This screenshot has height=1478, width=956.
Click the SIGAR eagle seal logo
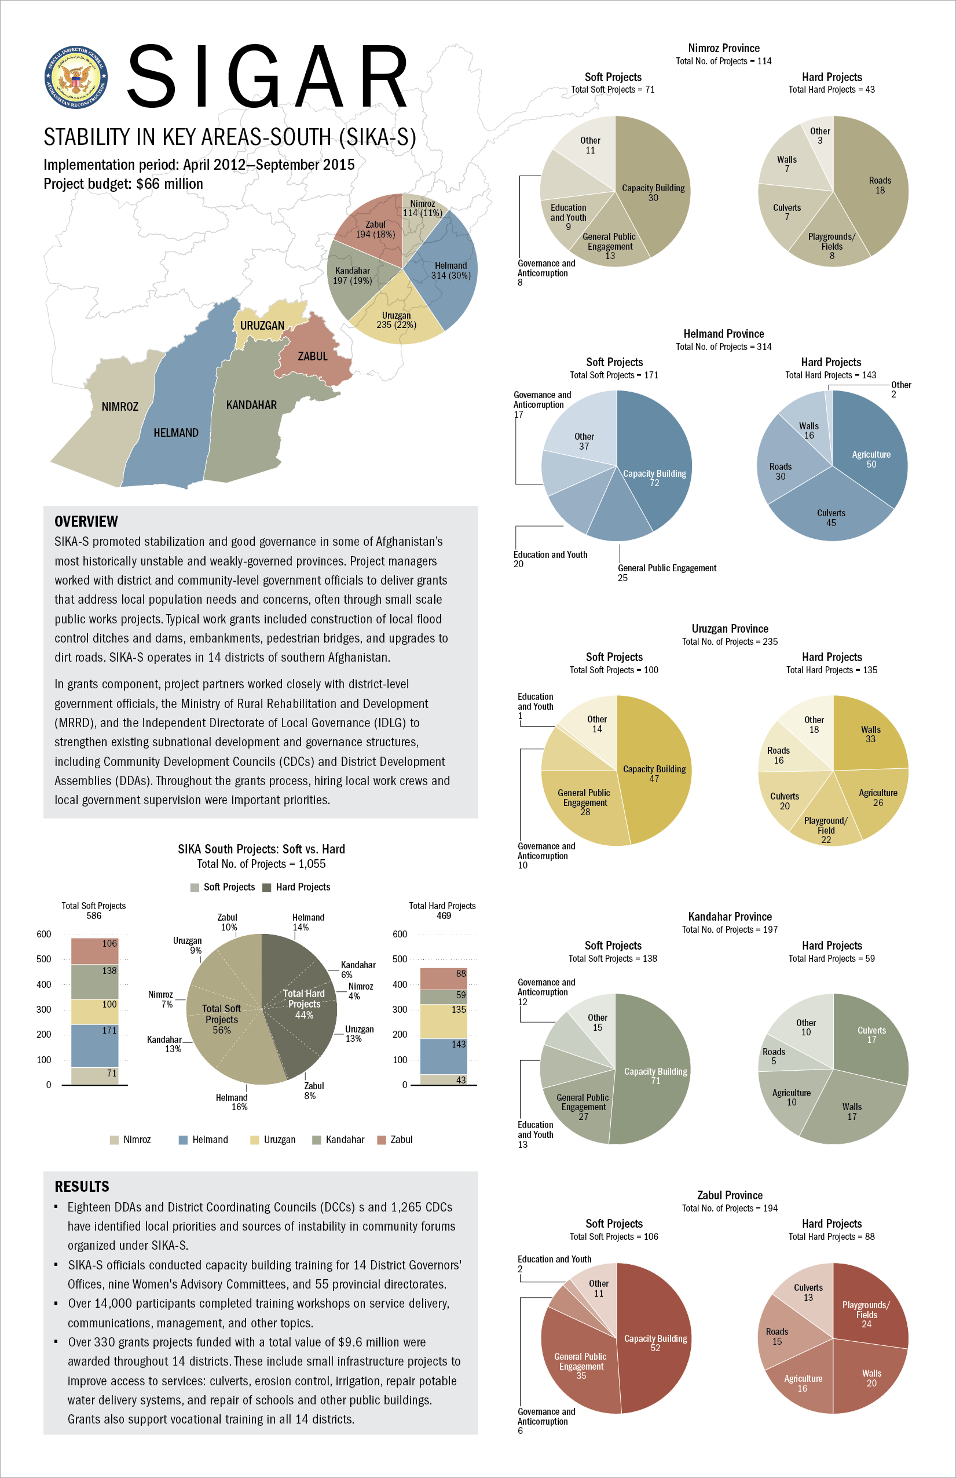point(76,77)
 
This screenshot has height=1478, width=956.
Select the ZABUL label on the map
point(312,356)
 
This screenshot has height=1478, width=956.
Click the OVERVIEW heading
point(86,521)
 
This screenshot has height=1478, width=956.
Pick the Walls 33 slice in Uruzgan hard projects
point(869,736)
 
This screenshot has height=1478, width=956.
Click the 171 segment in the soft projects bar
point(94,1046)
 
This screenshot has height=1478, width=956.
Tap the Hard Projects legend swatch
point(267,888)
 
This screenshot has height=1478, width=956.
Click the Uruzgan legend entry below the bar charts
point(273,1140)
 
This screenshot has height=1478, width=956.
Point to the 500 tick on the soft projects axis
point(43,959)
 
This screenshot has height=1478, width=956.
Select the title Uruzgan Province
point(730,629)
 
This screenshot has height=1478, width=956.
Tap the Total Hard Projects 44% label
point(303,1004)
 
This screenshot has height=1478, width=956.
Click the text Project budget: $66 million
point(123,184)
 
